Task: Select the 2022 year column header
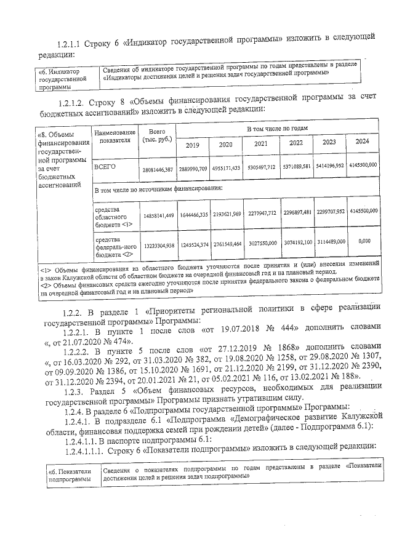click(x=296, y=143)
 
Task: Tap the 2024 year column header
click(x=363, y=142)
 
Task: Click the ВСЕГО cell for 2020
click(x=226, y=167)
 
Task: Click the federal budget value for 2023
click(x=331, y=242)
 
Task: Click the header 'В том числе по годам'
click(x=276, y=128)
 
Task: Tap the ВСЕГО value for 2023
click(x=331, y=166)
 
